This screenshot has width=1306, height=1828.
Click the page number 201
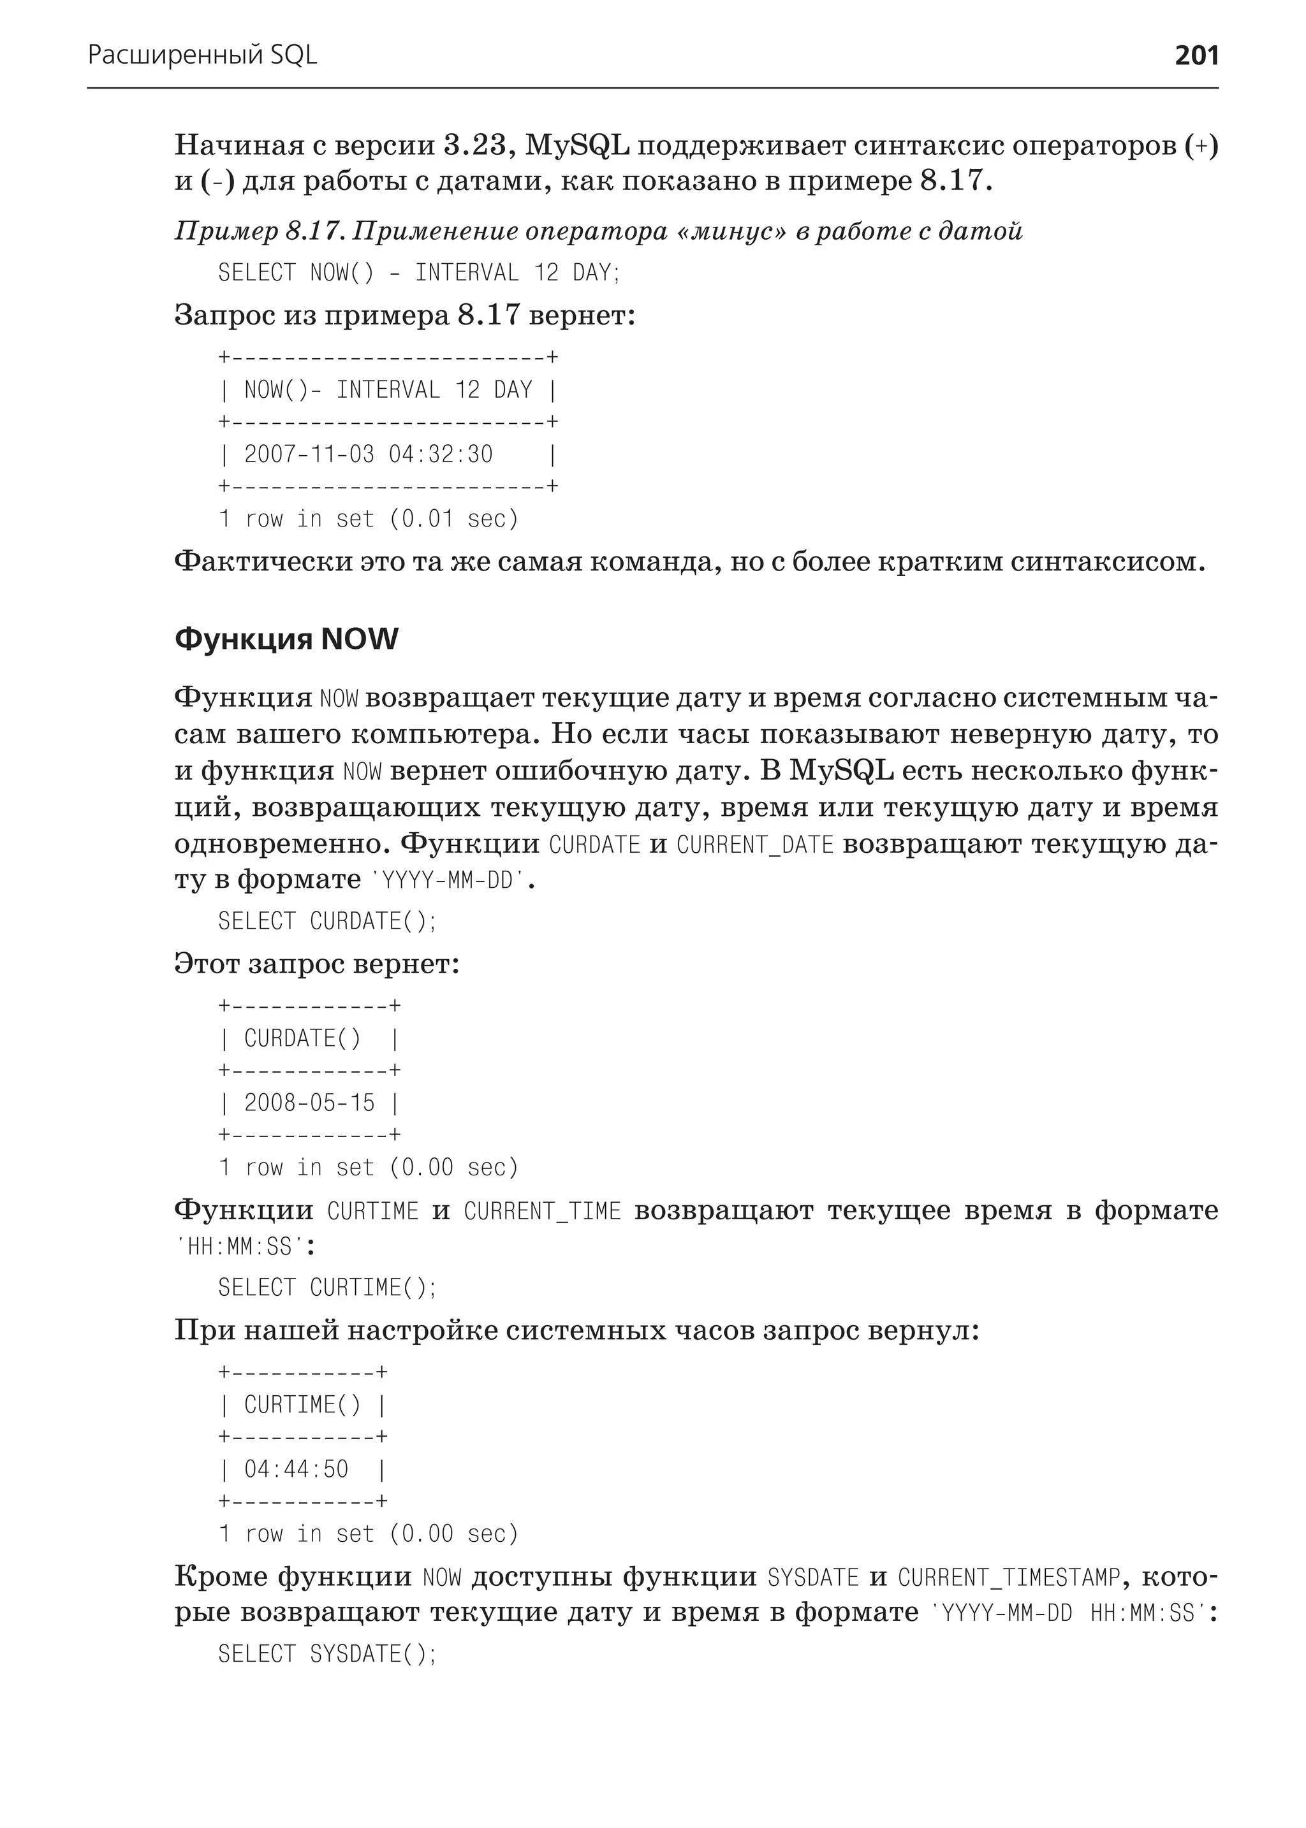tap(1196, 55)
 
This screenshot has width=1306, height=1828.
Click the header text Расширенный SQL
tap(202, 55)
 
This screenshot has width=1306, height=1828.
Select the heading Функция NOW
tap(286, 640)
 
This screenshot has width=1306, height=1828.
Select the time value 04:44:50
tap(296, 1469)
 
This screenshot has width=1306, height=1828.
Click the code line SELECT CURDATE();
tap(326, 921)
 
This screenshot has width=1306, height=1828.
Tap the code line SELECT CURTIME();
tap(326, 1288)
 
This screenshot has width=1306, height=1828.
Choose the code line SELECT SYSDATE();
tap(326, 1655)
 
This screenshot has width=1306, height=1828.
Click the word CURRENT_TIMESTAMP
tap(1008, 1578)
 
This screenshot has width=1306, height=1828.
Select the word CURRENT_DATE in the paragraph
tap(754, 846)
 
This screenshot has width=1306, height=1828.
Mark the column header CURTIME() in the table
tap(302, 1405)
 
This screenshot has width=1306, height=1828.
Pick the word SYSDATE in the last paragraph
tap(813, 1578)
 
